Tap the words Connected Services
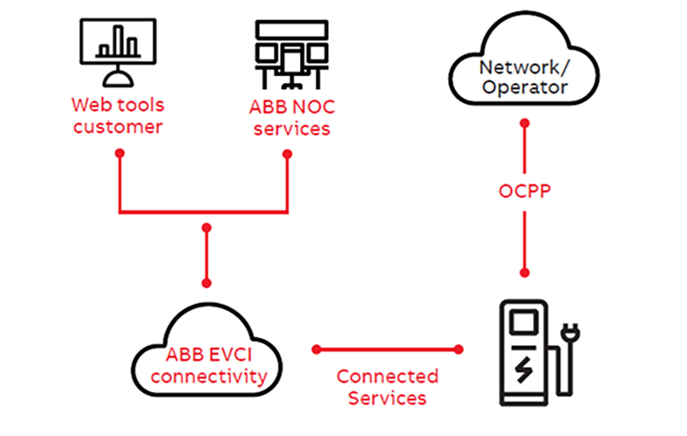[x=387, y=388]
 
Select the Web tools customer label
[x=118, y=115]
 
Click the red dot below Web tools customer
[x=119, y=153]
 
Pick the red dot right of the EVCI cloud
[x=317, y=349]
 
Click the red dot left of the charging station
[x=459, y=349]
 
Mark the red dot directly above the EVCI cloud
[x=206, y=282]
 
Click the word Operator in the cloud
[x=525, y=87]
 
